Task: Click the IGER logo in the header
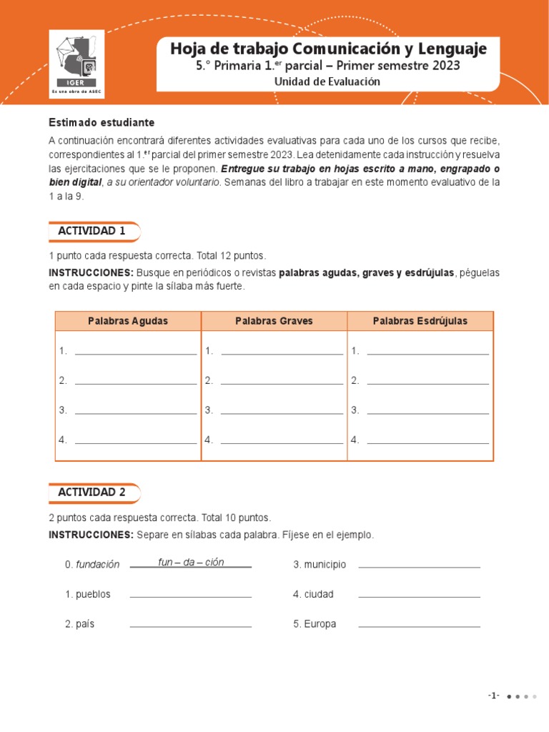coord(76,63)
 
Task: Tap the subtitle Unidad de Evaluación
coord(327,81)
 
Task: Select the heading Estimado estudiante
coord(102,122)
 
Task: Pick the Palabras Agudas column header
coord(128,321)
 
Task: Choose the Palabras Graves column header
coord(274,321)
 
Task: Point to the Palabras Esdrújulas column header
coord(420,321)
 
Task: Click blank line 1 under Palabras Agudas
coord(135,350)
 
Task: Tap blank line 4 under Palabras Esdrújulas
coord(427,440)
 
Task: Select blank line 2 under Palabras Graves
coord(282,380)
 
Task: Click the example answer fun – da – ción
coord(191,562)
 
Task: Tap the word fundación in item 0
coord(97,565)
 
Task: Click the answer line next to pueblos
coord(191,594)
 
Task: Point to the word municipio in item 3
coord(325,565)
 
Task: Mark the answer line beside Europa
coord(419,624)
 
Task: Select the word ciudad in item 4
coord(319,594)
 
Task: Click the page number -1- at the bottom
coord(493,696)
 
